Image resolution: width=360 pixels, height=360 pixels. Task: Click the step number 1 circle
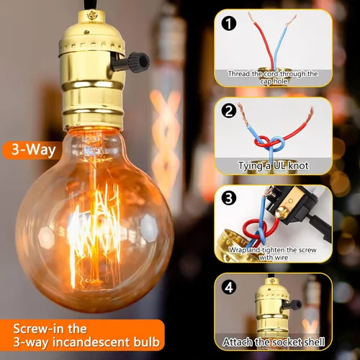pyautogui.click(x=229, y=24)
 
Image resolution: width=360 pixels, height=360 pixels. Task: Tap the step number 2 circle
pyautogui.click(x=229, y=111)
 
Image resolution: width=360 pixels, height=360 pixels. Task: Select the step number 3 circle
pyautogui.click(x=229, y=198)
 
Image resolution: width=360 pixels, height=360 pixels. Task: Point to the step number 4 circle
pyautogui.click(x=229, y=287)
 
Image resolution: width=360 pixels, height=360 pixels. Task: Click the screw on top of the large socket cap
pyautogui.click(x=92, y=15)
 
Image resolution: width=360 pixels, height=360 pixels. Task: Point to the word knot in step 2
pyautogui.click(x=298, y=166)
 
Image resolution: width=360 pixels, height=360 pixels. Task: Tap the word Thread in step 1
pyautogui.click(x=239, y=73)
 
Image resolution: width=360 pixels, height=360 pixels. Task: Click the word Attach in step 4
pyautogui.click(x=238, y=342)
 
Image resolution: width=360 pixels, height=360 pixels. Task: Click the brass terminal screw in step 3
pyautogui.click(x=281, y=212)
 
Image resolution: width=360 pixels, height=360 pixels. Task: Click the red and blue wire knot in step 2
pyautogui.click(x=269, y=143)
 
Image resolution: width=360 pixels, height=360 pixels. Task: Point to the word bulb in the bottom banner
pyautogui.click(x=146, y=341)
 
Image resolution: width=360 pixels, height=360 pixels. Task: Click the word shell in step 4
pyautogui.click(x=312, y=342)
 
